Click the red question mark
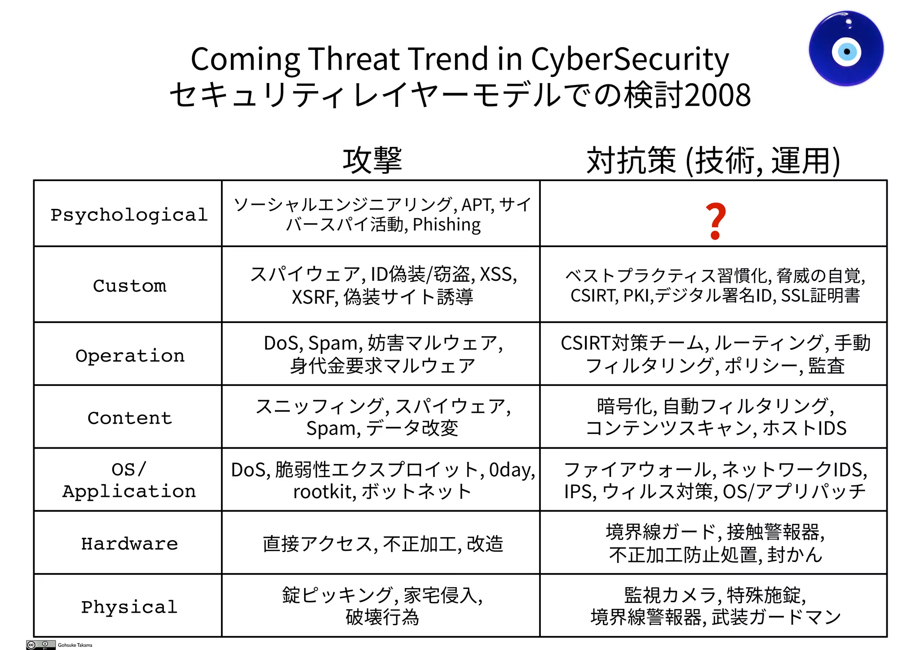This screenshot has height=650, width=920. coord(715,221)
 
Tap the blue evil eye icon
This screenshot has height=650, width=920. coord(846,49)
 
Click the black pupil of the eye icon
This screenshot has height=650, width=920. coord(847,52)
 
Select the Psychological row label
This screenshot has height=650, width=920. coord(129,215)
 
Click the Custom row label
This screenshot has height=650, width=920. coord(129,286)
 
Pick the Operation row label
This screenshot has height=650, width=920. coord(130,355)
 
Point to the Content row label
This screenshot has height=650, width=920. coord(129,418)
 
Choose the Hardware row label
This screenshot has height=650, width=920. coord(129,544)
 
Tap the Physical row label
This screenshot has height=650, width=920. coord(129,607)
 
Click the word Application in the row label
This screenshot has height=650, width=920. coord(129,491)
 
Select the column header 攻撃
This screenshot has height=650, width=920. coord(372,160)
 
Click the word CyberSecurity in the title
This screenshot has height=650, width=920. coord(630,59)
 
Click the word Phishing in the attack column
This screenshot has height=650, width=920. coord(447,225)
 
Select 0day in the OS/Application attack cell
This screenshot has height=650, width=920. coord(511,470)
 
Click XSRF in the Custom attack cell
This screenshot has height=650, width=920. coord(314,297)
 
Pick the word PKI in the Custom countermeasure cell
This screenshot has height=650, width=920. coord(637,296)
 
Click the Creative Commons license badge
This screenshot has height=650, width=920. coord(41,645)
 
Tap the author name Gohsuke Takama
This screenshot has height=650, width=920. coord(75,645)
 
